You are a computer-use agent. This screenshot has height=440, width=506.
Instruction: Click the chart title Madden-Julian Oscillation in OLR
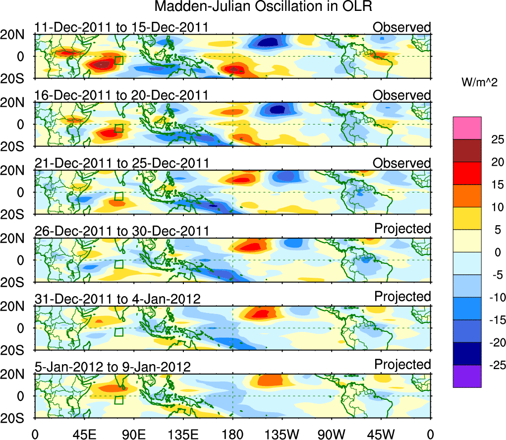tap(263, 7)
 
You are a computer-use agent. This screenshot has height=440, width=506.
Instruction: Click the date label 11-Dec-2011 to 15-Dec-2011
tap(121, 27)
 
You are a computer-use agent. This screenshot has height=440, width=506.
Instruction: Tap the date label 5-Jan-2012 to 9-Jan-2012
tap(112, 367)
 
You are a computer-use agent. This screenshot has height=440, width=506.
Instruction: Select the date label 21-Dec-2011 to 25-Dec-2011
tap(121, 163)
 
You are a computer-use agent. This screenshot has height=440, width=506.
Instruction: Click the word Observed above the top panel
tap(402, 27)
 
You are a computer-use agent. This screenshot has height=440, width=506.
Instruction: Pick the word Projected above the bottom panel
tap(402, 365)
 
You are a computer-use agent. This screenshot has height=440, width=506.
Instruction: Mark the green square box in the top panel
tap(118, 60)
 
